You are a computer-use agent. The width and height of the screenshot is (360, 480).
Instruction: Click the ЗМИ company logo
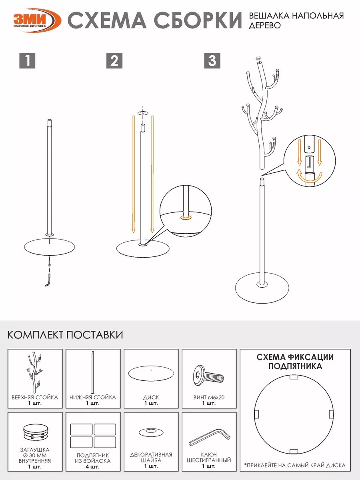pos(37,20)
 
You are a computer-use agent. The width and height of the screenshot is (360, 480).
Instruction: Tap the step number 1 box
pos(27,60)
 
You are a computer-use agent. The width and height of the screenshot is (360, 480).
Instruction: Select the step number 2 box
pos(114,60)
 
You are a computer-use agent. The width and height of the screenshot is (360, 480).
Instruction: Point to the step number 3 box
pos(212,60)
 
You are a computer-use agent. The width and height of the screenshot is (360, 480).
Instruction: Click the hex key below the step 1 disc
pos(48,280)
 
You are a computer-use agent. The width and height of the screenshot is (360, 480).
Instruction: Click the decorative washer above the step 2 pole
pos(143,113)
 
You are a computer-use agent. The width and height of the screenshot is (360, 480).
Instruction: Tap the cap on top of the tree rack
pos(258,59)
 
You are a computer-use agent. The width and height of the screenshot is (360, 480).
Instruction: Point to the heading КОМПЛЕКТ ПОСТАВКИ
pos(65,335)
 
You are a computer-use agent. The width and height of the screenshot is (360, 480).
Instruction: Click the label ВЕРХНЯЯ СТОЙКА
pos(35,397)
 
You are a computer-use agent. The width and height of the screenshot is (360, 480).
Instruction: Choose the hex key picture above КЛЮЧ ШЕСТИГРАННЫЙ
pos(209,437)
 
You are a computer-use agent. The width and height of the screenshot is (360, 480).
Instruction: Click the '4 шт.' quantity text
pos(92,467)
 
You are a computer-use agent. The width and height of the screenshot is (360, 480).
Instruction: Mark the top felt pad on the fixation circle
pos(294,377)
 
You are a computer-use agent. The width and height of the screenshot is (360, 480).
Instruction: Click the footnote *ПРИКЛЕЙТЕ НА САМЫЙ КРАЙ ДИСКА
pos(295,465)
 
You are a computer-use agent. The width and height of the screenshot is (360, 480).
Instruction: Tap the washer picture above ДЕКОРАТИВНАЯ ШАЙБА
pos(151,432)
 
